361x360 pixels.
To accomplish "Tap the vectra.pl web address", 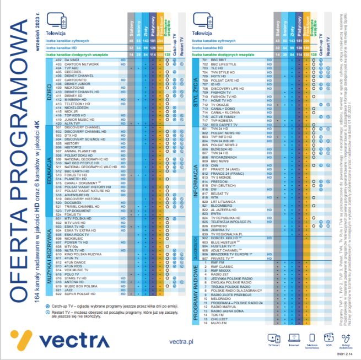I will click(181, 342).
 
